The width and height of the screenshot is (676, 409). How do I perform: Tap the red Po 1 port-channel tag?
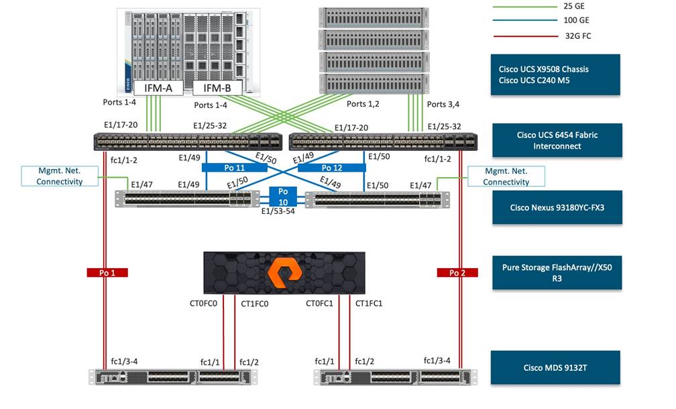107,272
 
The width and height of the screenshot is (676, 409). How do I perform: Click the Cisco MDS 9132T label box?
556,367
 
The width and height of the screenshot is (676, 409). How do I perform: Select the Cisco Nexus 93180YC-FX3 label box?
556,207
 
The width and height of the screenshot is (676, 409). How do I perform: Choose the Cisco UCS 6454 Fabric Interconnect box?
556,140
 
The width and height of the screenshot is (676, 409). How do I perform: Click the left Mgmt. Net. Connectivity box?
59,176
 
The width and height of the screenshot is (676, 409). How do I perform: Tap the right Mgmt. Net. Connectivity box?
506,176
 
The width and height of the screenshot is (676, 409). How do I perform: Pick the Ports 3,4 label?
445,104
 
